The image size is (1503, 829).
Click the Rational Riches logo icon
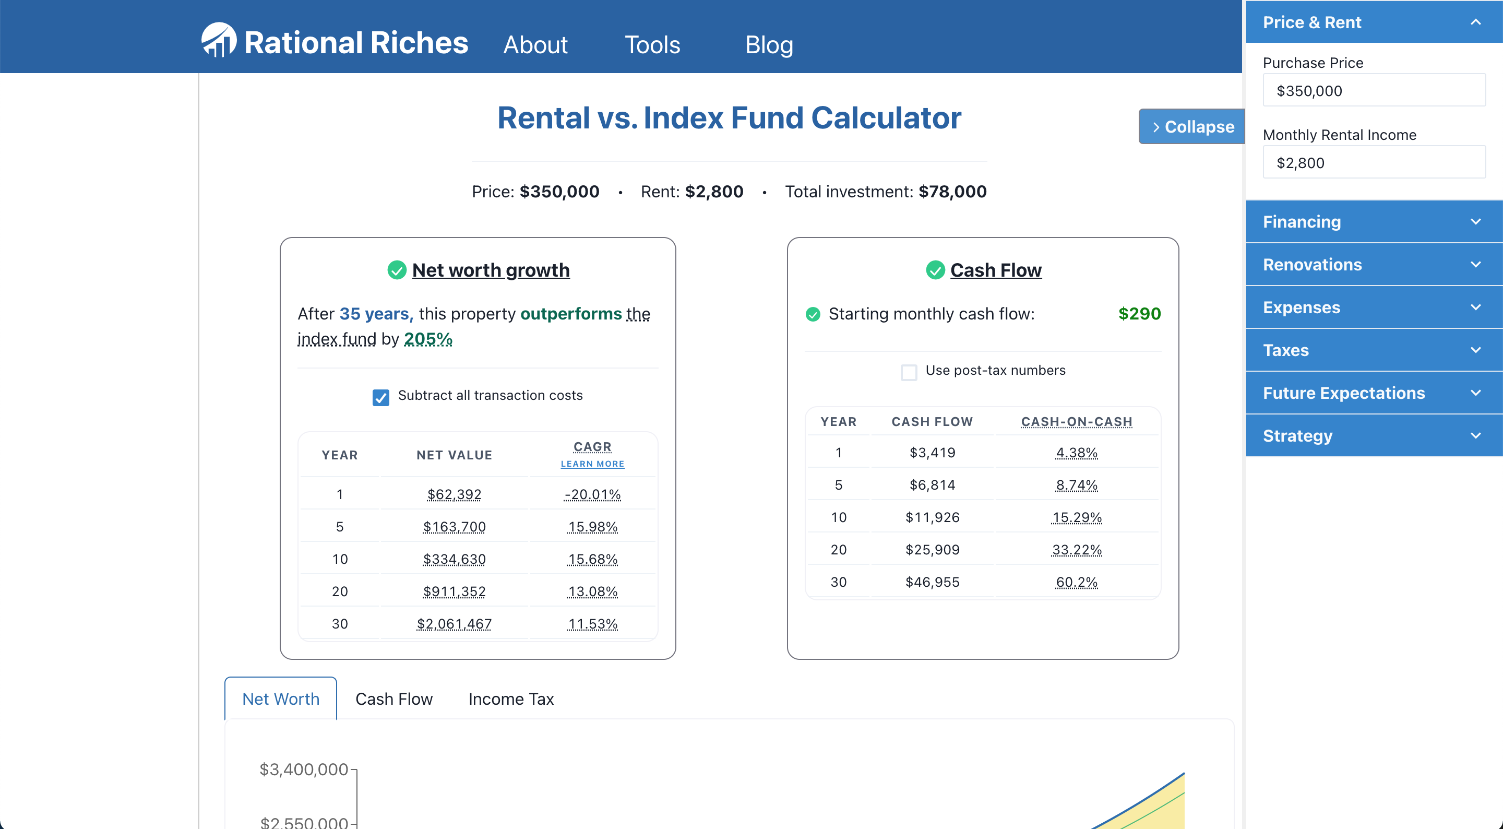(218, 40)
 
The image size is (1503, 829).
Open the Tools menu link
(652, 45)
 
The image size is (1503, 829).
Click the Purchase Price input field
(1373, 90)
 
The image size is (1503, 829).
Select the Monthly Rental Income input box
(1373, 163)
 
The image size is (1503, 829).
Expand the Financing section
(1373, 222)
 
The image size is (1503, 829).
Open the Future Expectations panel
(1373, 393)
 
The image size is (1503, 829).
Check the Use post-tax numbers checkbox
(909, 372)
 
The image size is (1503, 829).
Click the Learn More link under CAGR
(592, 464)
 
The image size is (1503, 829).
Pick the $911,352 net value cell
(454, 591)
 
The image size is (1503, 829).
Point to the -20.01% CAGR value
(592, 494)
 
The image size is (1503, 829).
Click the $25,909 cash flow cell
(932, 549)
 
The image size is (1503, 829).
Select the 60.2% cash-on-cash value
(1076, 582)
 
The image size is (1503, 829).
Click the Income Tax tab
(510, 699)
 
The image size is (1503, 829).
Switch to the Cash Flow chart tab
(394, 699)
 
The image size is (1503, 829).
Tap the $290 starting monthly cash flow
(1139, 314)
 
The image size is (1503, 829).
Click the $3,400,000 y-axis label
(303, 769)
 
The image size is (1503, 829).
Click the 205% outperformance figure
(428, 339)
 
